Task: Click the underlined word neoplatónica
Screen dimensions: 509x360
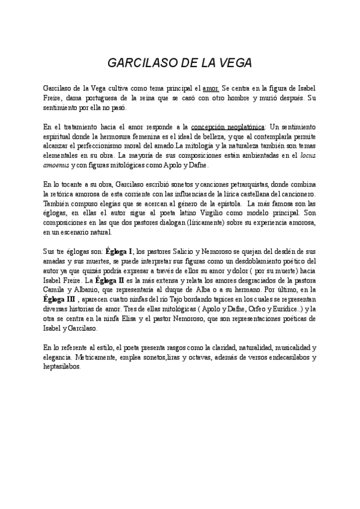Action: tap(241, 127)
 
